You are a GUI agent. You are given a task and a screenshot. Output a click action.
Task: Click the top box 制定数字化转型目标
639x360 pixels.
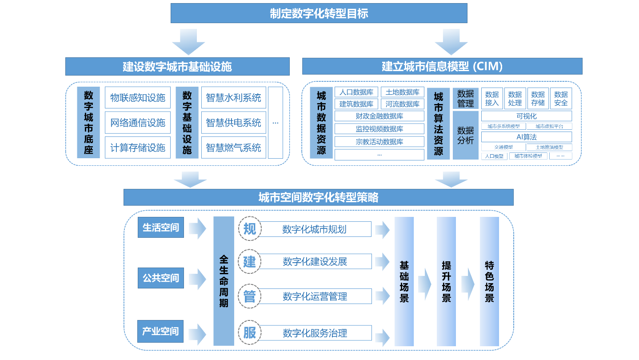(319, 13)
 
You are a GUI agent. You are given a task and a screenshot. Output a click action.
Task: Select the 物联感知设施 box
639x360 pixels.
(138, 98)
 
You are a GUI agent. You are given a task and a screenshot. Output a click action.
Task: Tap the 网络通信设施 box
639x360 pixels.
(138, 123)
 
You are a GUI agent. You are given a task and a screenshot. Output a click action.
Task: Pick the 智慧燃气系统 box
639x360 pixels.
(233, 148)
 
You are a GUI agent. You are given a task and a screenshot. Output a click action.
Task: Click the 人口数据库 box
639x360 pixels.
(356, 92)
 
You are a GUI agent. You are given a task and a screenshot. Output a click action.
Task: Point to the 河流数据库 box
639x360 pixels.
(403, 104)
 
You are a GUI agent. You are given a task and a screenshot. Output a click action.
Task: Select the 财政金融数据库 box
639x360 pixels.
(379, 116)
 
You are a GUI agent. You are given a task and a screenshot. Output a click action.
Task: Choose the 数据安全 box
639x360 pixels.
(561, 99)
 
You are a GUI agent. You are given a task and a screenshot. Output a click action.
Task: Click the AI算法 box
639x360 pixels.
(527, 137)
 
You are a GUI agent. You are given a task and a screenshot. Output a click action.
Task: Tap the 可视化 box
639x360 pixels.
(527, 116)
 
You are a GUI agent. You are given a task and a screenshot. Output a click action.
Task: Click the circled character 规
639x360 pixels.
(250, 229)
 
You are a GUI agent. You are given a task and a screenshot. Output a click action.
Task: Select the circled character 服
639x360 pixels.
(250, 332)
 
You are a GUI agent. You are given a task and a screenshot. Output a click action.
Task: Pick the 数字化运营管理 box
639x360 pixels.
(315, 296)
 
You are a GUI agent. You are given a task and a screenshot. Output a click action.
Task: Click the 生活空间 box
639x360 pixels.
(160, 228)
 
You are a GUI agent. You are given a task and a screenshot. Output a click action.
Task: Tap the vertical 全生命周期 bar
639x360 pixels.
(224, 281)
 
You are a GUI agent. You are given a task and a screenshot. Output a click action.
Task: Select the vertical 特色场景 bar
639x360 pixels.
(489, 281)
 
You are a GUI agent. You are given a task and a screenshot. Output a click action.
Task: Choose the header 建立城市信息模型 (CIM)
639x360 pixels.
(442, 67)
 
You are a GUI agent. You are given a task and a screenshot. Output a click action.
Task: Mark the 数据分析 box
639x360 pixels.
(465, 135)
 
